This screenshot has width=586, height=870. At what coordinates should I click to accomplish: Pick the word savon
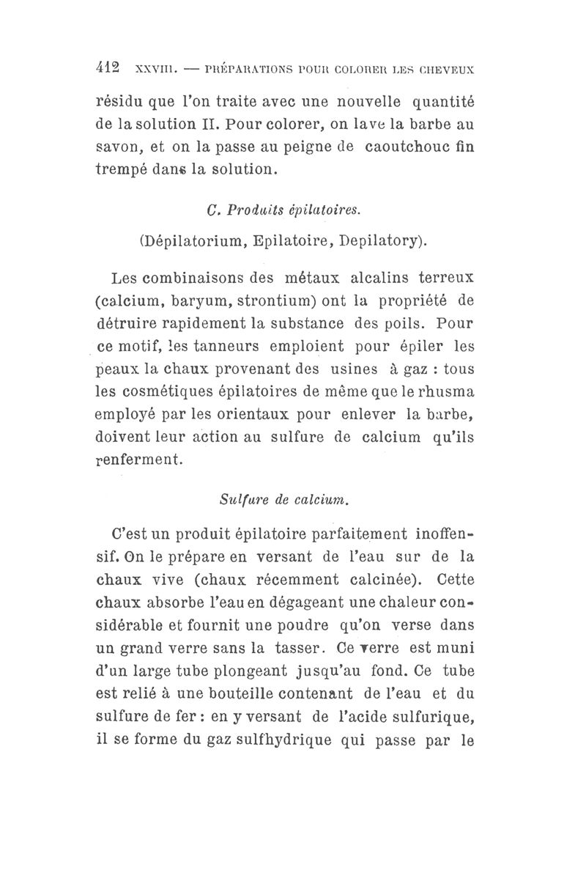pos(118,148)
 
